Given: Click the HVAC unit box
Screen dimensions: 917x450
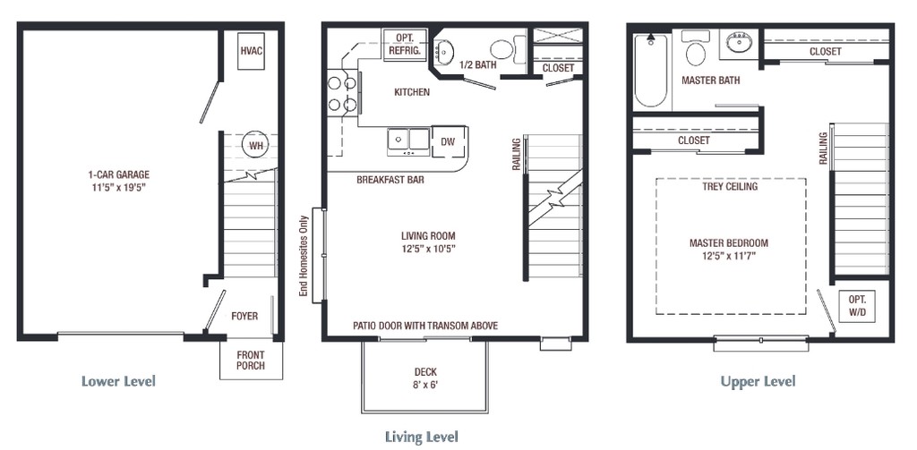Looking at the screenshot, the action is tap(252, 51).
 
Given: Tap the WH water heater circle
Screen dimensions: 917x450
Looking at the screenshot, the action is tap(255, 145).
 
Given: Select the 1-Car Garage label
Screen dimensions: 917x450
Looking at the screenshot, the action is tap(119, 181).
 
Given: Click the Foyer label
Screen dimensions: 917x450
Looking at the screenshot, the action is tap(244, 316).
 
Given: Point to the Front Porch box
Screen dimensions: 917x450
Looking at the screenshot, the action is tap(251, 360).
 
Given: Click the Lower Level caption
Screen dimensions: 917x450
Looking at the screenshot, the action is tap(119, 382).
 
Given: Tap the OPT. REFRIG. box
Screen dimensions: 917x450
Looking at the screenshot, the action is tap(406, 44).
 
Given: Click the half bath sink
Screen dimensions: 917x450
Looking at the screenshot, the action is tap(444, 51).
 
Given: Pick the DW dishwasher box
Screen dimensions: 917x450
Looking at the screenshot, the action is tap(449, 141).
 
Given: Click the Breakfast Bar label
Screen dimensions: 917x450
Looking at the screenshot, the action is tap(390, 180).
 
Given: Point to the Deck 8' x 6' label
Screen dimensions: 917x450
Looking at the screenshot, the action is tap(425, 378).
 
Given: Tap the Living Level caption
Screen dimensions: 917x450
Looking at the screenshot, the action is tap(422, 437).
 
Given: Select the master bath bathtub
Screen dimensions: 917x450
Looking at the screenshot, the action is tap(652, 71).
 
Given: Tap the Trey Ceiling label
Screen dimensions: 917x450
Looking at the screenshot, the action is tap(730, 186).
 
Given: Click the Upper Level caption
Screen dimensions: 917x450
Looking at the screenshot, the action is tap(758, 382).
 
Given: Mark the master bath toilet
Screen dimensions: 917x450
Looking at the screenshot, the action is tap(695, 48).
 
